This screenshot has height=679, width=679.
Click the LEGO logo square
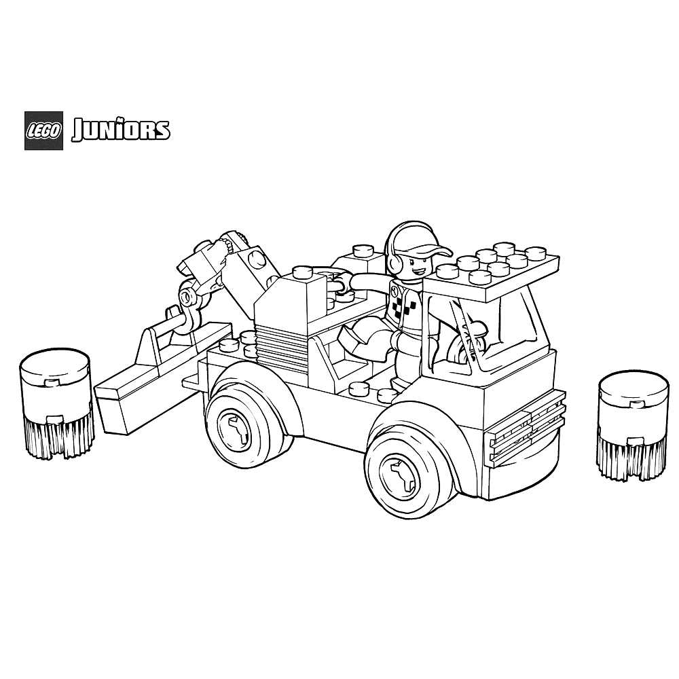pos(43,131)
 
